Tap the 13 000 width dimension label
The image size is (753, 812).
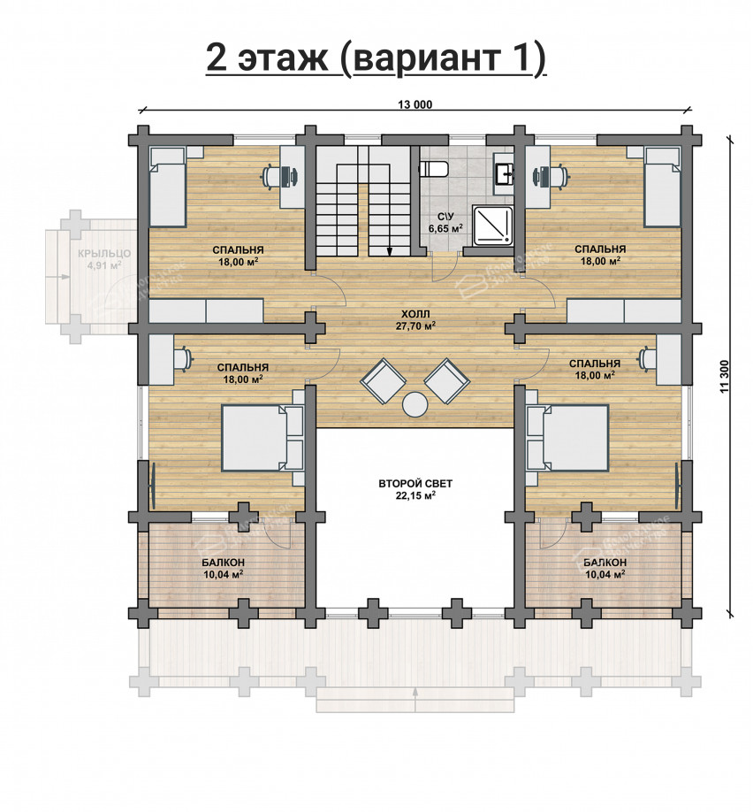pos(415,105)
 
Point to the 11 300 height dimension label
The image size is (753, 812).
pos(725,376)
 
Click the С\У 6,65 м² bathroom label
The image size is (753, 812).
pos(445,222)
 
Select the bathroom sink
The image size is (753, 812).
pos(505,172)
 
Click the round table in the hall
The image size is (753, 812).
pos(415,404)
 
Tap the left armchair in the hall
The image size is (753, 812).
pos(382,379)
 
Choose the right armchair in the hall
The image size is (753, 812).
pos(448,379)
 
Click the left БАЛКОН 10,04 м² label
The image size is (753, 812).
pos(223,568)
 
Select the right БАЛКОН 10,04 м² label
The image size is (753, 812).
pos(605,568)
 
